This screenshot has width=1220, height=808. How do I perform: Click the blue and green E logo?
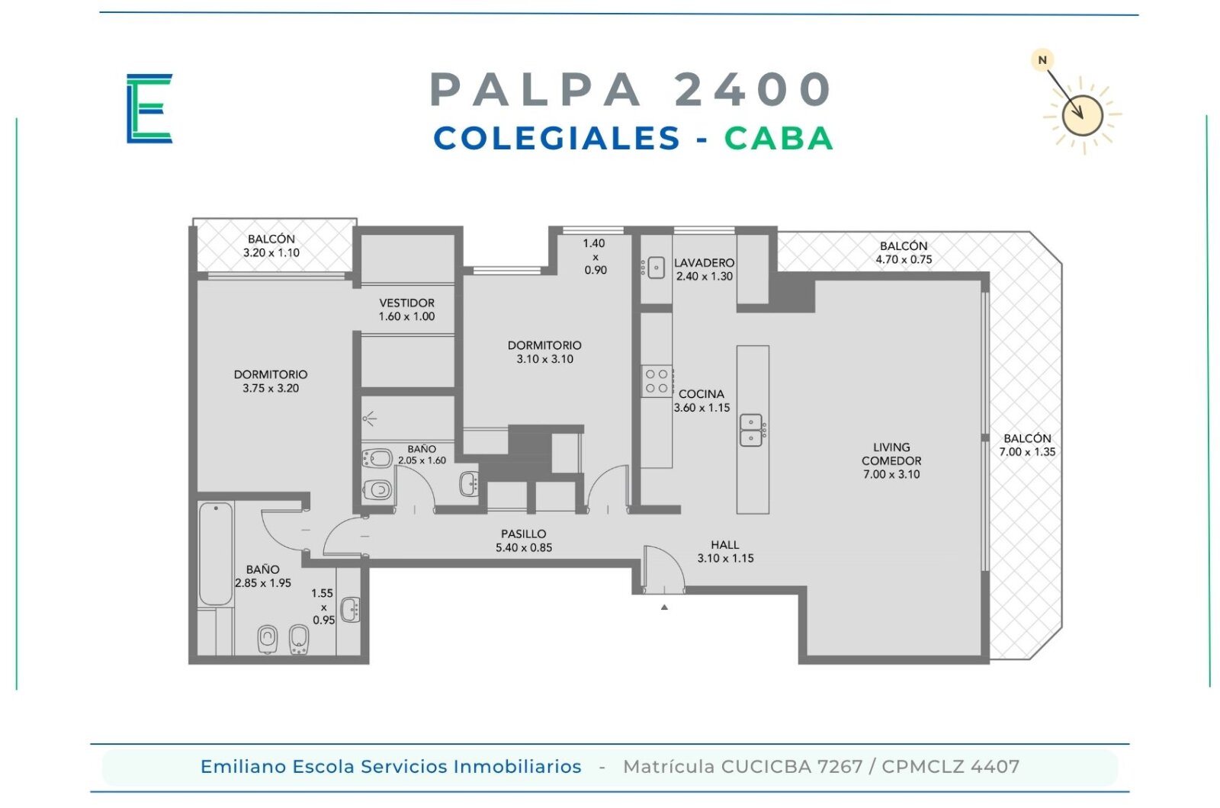point(149,108)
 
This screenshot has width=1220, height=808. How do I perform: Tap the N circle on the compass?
point(1042,60)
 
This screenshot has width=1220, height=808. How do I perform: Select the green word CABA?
point(779,138)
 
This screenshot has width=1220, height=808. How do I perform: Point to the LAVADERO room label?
point(705,263)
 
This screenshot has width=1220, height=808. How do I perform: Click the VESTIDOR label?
point(407,303)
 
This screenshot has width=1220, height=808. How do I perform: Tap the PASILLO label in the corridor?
point(523,534)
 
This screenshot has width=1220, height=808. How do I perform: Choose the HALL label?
point(725,544)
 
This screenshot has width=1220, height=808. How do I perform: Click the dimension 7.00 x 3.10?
point(891,474)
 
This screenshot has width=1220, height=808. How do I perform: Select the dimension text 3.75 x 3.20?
point(271,388)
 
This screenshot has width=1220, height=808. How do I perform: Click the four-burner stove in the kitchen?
point(657,381)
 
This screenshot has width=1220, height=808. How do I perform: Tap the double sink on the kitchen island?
point(752,430)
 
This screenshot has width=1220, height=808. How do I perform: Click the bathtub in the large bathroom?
point(216,553)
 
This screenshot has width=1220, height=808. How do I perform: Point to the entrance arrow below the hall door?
point(664,607)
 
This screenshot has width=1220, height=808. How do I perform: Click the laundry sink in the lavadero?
point(656,268)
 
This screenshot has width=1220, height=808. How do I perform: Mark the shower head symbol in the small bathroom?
point(369,418)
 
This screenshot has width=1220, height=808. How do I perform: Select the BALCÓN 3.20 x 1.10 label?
point(271,245)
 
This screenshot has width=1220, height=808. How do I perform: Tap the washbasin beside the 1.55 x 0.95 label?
point(350,609)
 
